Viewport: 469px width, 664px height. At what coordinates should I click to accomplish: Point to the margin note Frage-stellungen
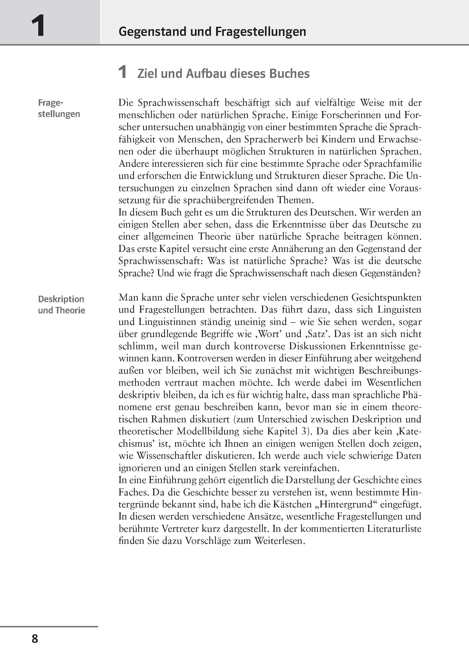[59, 108]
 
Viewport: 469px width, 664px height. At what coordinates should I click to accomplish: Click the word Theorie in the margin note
[70, 310]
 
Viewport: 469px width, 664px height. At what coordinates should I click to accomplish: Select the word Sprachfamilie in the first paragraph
[393, 164]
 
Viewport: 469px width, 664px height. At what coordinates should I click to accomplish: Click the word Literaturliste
[394, 528]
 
